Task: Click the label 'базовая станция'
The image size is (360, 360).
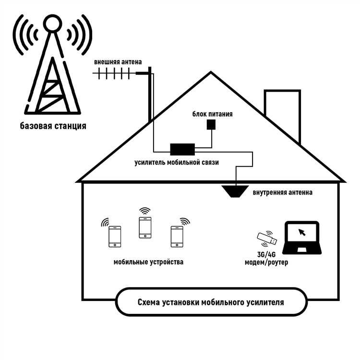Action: point(53,127)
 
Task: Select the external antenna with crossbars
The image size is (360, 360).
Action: point(115,73)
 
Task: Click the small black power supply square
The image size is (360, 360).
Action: point(211,124)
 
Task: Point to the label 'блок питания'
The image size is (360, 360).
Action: point(213,114)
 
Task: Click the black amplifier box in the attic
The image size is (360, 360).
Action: point(182,149)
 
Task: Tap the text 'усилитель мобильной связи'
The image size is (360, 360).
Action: point(177,163)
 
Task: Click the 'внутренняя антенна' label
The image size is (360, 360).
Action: point(283,192)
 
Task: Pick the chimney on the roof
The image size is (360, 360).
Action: point(282,113)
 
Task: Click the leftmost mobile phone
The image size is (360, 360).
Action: point(115,237)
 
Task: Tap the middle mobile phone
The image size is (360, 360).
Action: point(145,227)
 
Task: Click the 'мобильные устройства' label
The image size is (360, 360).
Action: point(148,262)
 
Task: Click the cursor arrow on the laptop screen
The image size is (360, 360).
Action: point(302,232)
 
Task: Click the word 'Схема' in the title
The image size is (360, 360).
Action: point(149,302)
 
